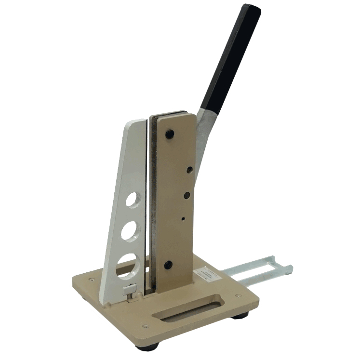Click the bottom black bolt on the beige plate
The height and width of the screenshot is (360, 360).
tap(168, 265)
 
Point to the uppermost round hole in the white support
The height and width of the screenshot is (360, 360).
tap(134, 199)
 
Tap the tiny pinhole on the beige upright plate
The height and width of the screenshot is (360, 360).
tap(184, 218)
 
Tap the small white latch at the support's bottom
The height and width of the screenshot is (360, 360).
tap(129, 290)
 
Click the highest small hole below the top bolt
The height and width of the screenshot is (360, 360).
tap(190, 170)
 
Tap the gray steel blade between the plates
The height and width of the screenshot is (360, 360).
tap(152, 202)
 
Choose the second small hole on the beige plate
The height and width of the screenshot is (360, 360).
tap(186, 195)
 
